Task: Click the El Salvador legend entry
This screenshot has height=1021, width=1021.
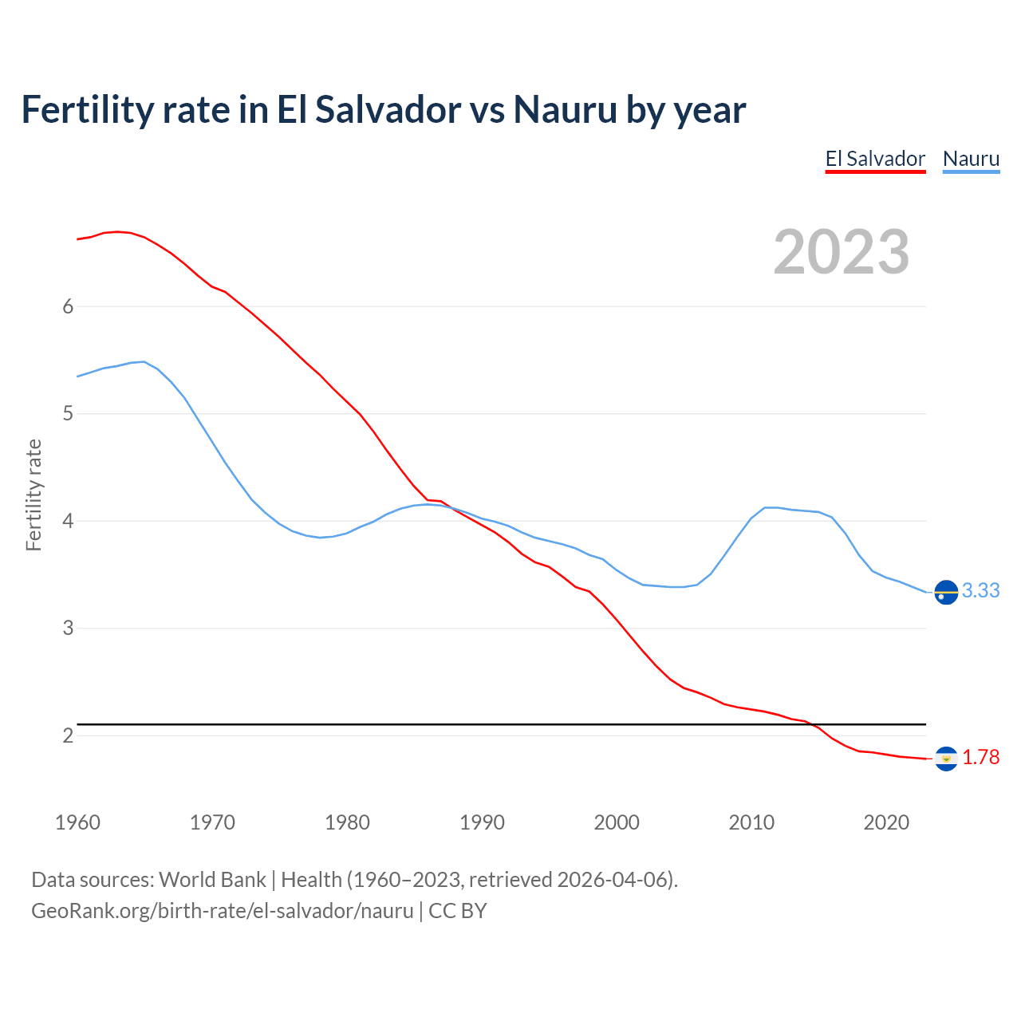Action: tap(875, 159)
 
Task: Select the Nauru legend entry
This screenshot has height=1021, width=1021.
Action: tap(971, 159)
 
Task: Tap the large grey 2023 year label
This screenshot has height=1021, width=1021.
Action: tap(842, 252)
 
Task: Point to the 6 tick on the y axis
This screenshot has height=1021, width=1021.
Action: tap(68, 307)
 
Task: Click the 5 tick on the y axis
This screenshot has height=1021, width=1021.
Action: tap(68, 414)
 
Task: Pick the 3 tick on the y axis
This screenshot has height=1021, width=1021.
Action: tap(68, 629)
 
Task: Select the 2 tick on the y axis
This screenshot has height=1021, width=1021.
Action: tap(68, 735)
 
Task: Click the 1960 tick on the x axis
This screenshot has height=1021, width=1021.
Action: tap(77, 822)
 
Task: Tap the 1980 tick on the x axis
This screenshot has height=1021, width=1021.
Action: tap(347, 822)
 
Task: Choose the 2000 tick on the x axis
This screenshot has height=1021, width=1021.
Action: tap(617, 822)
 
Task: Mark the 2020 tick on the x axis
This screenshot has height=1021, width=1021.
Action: tap(886, 822)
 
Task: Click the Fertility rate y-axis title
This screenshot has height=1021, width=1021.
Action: tap(34, 495)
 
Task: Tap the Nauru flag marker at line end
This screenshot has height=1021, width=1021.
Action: tap(946, 593)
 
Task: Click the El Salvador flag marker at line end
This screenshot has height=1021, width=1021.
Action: tap(946, 759)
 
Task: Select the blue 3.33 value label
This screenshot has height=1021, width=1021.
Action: tap(980, 591)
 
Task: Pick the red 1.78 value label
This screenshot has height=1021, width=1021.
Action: tap(980, 758)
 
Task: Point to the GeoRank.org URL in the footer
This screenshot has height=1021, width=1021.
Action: tap(222, 911)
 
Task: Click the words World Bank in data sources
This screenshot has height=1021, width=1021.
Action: tap(212, 880)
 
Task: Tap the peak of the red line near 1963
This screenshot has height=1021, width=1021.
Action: tap(117, 231)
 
